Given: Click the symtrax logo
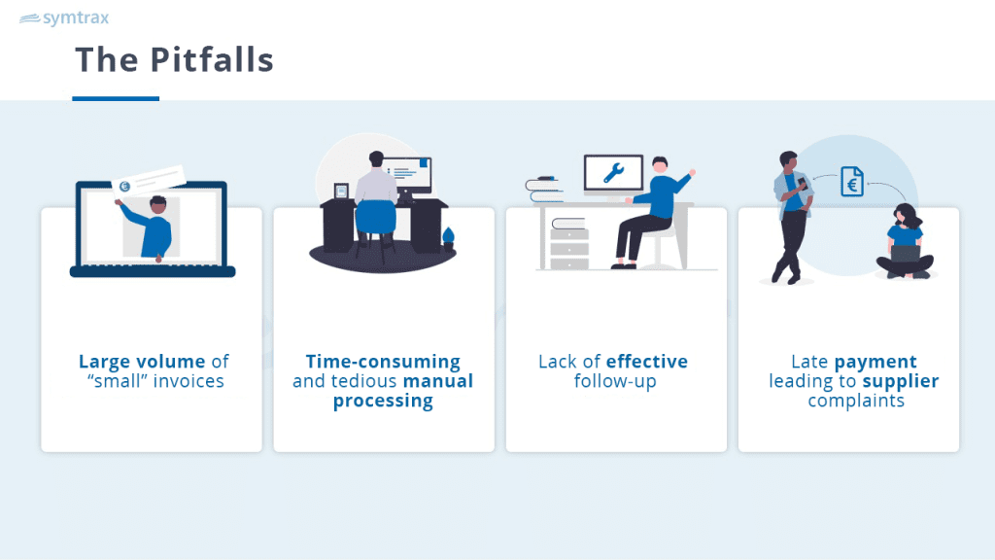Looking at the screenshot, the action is pyautogui.click(x=64, y=17).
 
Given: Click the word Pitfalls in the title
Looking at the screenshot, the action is pyautogui.click(x=212, y=59).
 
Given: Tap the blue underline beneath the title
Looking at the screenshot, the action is pyautogui.click(x=116, y=98).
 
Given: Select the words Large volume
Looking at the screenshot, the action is pyautogui.click(x=142, y=362).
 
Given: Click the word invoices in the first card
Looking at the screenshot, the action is pyautogui.click(x=189, y=381).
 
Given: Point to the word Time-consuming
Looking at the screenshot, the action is pyautogui.click(x=383, y=362).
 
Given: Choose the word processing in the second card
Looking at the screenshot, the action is pyautogui.click(x=383, y=401).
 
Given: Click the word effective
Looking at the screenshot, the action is pyautogui.click(x=647, y=362).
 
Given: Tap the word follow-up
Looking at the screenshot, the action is pyautogui.click(x=615, y=381).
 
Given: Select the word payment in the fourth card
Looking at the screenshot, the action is pyautogui.click(x=875, y=362).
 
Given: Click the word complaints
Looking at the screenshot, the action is pyautogui.click(x=856, y=402).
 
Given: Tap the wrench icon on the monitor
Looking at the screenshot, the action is pyautogui.click(x=614, y=173).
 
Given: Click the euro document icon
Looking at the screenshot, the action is pyautogui.click(x=852, y=181).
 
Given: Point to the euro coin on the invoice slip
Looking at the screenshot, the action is pyautogui.click(x=124, y=186).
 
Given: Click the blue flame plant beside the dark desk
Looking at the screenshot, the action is pyautogui.click(x=449, y=239).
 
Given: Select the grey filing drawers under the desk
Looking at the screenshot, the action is pyautogui.click(x=569, y=248).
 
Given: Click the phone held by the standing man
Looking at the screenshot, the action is pyautogui.click(x=802, y=184).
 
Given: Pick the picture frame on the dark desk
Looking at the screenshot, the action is pyautogui.click(x=341, y=192).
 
